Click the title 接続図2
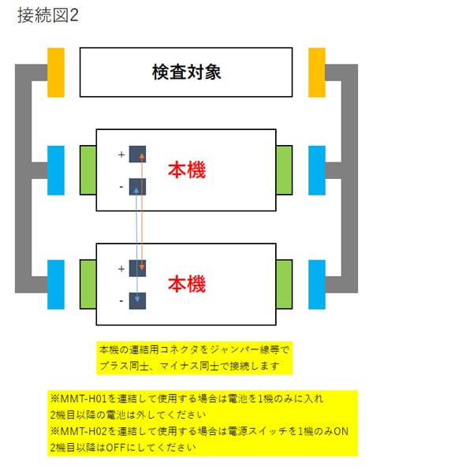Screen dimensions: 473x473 pyautogui.click(x=48, y=15)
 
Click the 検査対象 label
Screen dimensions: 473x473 pyautogui.click(x=186, y=73)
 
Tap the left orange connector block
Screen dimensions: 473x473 pyautogui.click(x=55, y=72)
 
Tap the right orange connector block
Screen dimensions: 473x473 pyautogui.click(x=316, y=72)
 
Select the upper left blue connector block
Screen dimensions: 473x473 pyautogui.click(x=55, y=169)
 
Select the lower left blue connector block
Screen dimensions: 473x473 pyautogui.click(x=55, y=284)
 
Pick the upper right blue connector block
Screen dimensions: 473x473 pyautogui.click(x=316, y=169)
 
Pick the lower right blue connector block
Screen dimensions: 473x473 pyautogui.click(x=316, y=284)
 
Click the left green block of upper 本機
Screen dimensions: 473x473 pyautogui.click(x=88, y=169)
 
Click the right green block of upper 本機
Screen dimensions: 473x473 pyautogui.click(x=284, y=169)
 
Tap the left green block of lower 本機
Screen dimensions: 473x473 pyautogui.click(x=88, y=284)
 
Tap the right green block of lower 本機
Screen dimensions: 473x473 pyautogui.click(x=284, y=284)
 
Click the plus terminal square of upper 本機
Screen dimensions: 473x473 pyautogui.click(x=138, y=155)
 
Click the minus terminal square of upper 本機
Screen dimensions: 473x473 pyautogui.click(x=138, y=187)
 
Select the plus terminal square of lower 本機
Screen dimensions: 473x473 pyautogui.click(x=138, y=268)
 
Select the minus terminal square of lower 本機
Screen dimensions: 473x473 pyautogui.click(x=138, y=300)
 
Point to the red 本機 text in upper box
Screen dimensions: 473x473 pyautogui.click(x=187, y=169)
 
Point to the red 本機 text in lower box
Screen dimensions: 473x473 pyautogui.click(x=187, y=284)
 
